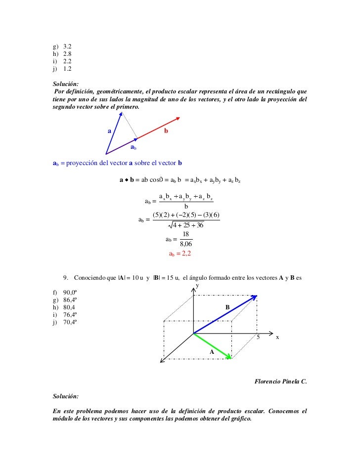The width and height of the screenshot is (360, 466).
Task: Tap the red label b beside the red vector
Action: coord(166,131)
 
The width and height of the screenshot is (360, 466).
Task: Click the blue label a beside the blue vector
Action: coord(109,131)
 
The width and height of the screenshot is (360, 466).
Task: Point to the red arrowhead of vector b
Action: coord(179,118)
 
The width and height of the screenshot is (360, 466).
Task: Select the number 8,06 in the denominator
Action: coord(185,244)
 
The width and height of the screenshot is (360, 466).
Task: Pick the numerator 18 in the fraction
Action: coord(186,234)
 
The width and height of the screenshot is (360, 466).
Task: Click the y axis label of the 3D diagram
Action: coord(197,286)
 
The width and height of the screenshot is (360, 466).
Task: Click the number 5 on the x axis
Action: coord(258,337)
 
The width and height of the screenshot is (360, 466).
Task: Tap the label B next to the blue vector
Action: coord(227,307)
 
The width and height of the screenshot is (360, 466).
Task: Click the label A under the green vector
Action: coord(212,352)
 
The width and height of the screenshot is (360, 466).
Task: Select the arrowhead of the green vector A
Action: coord(229,357)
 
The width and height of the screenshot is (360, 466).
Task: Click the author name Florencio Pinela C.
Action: coord(280,381)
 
